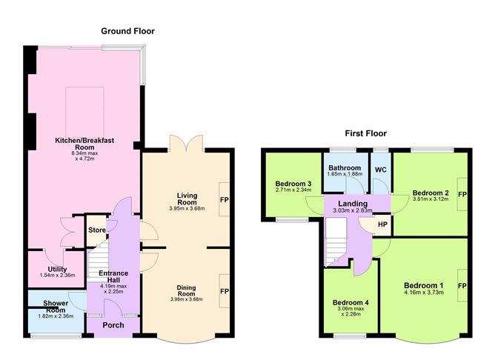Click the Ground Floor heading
128,31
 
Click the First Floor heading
365,133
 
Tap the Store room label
97,230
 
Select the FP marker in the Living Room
225,200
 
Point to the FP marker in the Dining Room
225,291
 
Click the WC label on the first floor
381,170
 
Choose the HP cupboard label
382,224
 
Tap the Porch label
113,325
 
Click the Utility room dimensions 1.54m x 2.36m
58,275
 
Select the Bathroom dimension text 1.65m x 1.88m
345,174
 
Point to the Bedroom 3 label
293,184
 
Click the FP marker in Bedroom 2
462,194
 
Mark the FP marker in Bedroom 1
462,286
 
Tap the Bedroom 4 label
351,302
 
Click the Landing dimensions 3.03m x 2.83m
353,210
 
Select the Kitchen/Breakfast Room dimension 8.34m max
85,153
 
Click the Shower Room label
56,307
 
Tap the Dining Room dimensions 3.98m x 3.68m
186,299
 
